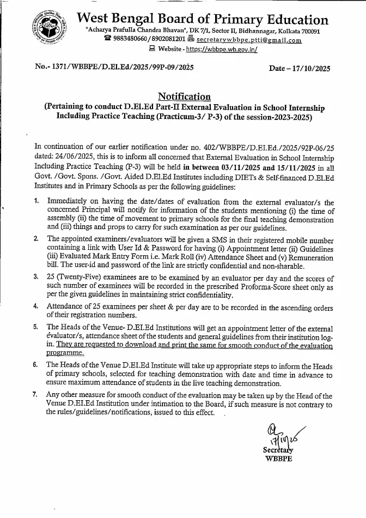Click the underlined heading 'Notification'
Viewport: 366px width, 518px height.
(x=183, y=97)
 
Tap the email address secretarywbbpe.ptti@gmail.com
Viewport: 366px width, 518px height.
(x=249, y=40)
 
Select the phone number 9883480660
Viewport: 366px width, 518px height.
(x=131, y=40)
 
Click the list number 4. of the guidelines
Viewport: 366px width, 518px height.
(x=36, y=308)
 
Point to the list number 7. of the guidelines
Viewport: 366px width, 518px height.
(x=36, y=394)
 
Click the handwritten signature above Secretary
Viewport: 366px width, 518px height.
(x=280, y=433)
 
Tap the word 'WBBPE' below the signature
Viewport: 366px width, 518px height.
(x=279, y=459)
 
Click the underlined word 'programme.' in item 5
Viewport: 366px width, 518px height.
(x=66, y=353)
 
